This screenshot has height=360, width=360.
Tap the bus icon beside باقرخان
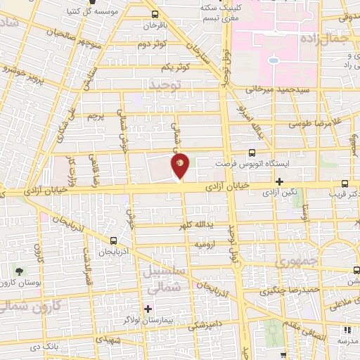[x=155, y=13]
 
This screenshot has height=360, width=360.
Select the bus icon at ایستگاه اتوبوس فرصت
[x=252, y=152]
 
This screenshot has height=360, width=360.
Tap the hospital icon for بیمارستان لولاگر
[x=148, y=308]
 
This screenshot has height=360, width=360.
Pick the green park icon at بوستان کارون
[x=19, y=271]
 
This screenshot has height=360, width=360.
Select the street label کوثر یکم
[x=176, y=67]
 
